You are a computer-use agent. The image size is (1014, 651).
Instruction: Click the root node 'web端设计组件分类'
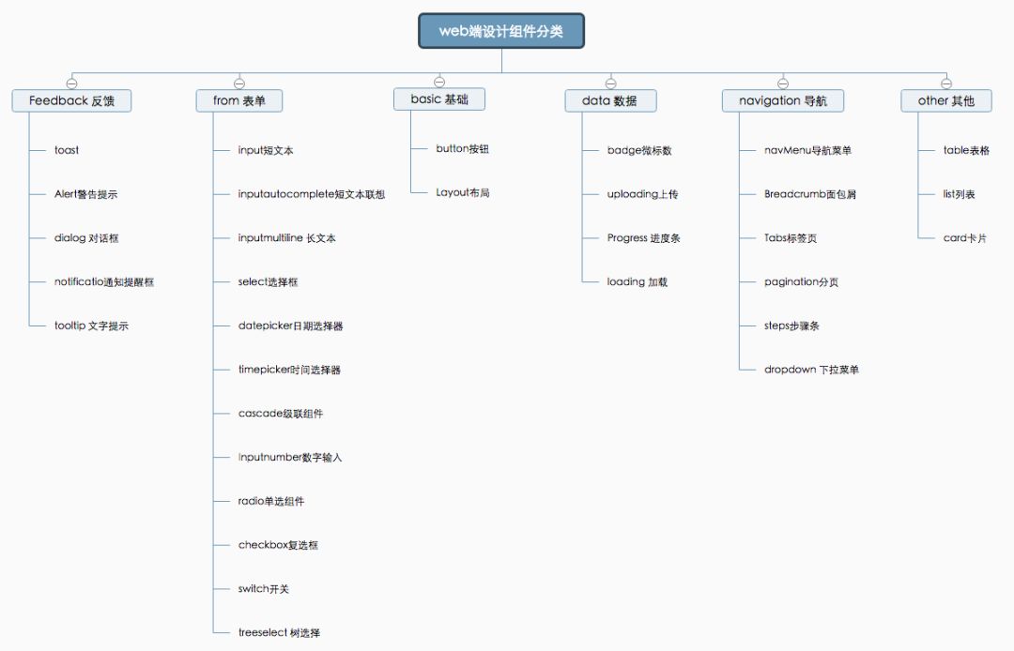pyautogui.click(x=501, y=31)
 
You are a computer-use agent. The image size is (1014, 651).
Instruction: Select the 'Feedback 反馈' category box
pyautogui.click(x=71, y=100)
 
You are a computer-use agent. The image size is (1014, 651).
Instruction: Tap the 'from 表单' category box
pyautogui.click(x=239, y=100)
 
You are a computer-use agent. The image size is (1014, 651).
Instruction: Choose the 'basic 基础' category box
pyautogui.click(x=439, y=99)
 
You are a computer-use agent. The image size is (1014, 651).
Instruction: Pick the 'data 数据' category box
pyautogui.click(x=610, y=100)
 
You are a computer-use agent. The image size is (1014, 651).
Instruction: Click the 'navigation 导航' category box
pyautogui.click(x=783, y=100)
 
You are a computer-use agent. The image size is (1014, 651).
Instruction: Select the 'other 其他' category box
pyautogui.click(x=946, y=100)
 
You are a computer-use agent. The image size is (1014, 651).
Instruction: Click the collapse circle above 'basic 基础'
pyautogui.click(x=439, y=82)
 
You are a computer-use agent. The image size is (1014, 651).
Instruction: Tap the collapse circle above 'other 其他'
pyautogui.click(x=946, y=83)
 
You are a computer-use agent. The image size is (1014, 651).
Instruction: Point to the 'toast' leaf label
pyautogui.click(x=67, y=150)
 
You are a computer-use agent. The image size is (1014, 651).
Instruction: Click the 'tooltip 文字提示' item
pyautogui.click(x=91, y=326)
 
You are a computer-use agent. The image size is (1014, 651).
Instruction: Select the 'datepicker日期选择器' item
pyautogui.click(x=290, y=326)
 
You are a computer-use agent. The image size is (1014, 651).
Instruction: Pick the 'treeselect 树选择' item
pyautogui.click(x=279, y=633)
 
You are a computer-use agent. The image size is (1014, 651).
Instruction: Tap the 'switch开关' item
pyautogui.click(x=263, y=589)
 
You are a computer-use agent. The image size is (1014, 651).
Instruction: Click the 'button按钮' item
pyautogui.click(x=462, y=149)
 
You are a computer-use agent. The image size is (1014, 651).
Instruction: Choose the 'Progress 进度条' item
pyautogui.click(x=643, y=238)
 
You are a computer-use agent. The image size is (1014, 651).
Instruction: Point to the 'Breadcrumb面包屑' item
pyautogui.click(x=809, y=194)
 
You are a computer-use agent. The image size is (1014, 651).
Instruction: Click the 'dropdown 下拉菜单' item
pyautogui.click(x=811, y=371)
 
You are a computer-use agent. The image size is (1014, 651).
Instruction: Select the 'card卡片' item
pyautogui.click(x=965, y=238)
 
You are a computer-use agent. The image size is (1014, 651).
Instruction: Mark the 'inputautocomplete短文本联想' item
pyautogui.click(x=311, y=194)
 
